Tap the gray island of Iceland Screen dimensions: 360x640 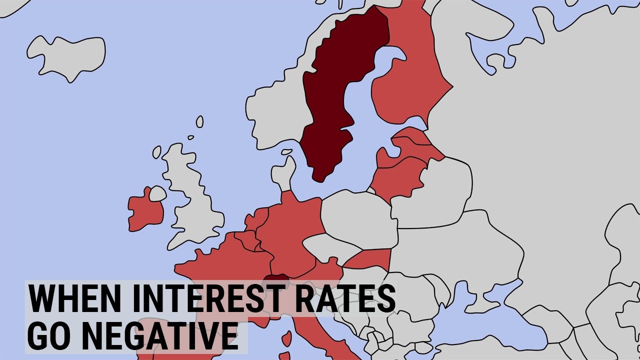click(x=67, y=55)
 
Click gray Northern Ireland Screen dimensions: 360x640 click(x=157, y=193)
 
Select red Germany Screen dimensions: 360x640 click(x=290, y=225)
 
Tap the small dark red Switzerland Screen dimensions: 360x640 click(x=276, y=279)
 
